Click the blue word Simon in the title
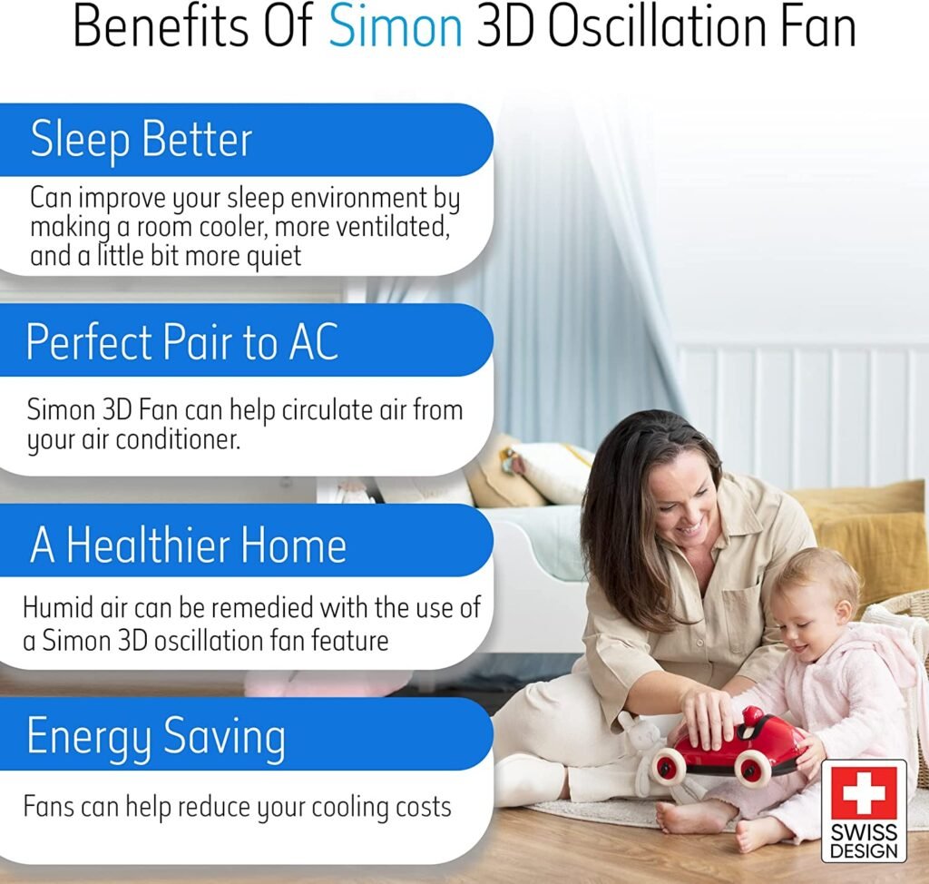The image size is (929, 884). pos(395,28)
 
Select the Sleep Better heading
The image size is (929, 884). pos(141,140)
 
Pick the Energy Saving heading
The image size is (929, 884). pos(155,736)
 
